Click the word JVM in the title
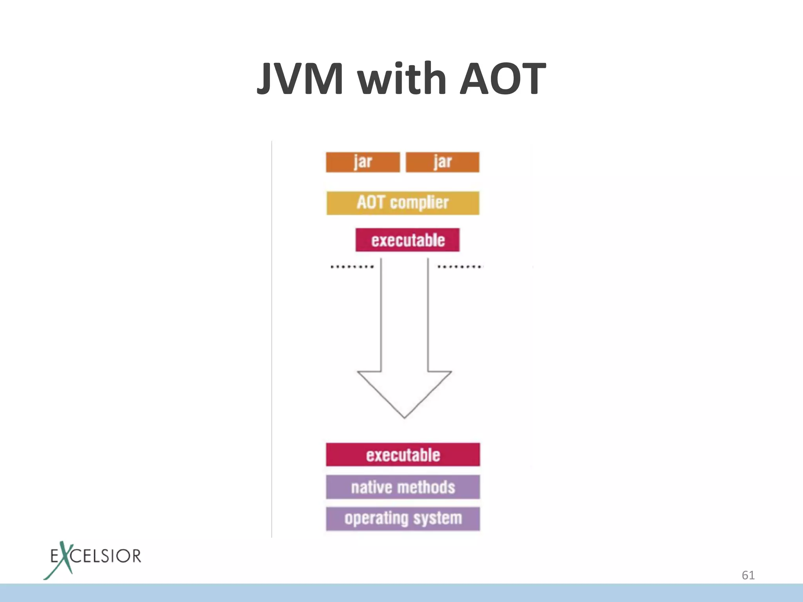click(x=300, y=79)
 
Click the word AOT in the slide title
click(x=503, y=79)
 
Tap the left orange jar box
click(x=363, y=162)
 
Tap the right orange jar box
click(x=442, y=162)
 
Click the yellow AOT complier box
click(x=403, y=203)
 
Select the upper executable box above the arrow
click(x=407, y=240)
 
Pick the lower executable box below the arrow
click(x=403, y=455)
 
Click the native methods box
click(x=403, y=487)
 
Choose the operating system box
click(x=403, y=519)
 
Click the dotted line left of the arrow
click(x=352, y=267)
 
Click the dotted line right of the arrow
click(x=460, y=267)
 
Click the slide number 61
click(x=748, y=575)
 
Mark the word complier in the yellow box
click(x=419, y=203)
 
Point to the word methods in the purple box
click(x=426, y=488)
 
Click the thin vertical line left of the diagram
click(x=272, y=337)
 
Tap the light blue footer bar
click(x=401, y=593)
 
